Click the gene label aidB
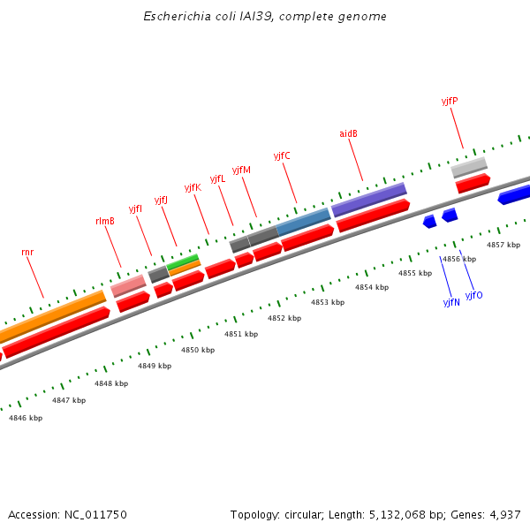348,133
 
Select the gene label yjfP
449,101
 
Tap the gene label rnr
27,252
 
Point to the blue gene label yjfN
451,302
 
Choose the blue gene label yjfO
474,295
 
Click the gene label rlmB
104,221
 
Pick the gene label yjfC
282,155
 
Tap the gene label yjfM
241,170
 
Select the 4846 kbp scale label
26,418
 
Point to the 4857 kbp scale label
503,244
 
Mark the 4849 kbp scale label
155,366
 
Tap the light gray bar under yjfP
468,167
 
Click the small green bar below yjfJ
183,261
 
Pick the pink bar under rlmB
128,285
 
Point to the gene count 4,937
505,514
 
